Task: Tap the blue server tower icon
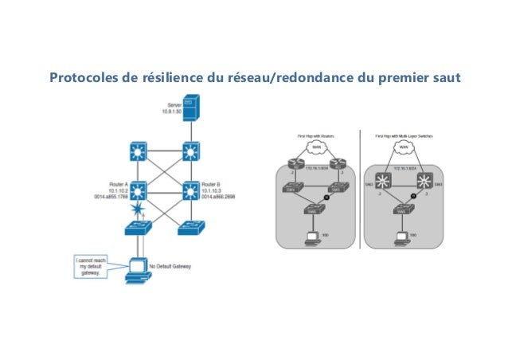tap(190, 107)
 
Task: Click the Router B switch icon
tap(190, 190)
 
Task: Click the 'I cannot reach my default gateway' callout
tap(89, 266)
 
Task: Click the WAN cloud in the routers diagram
tap(317, 147)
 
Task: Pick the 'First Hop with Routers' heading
tap(316, 135)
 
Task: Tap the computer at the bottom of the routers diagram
tap(311, 237)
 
